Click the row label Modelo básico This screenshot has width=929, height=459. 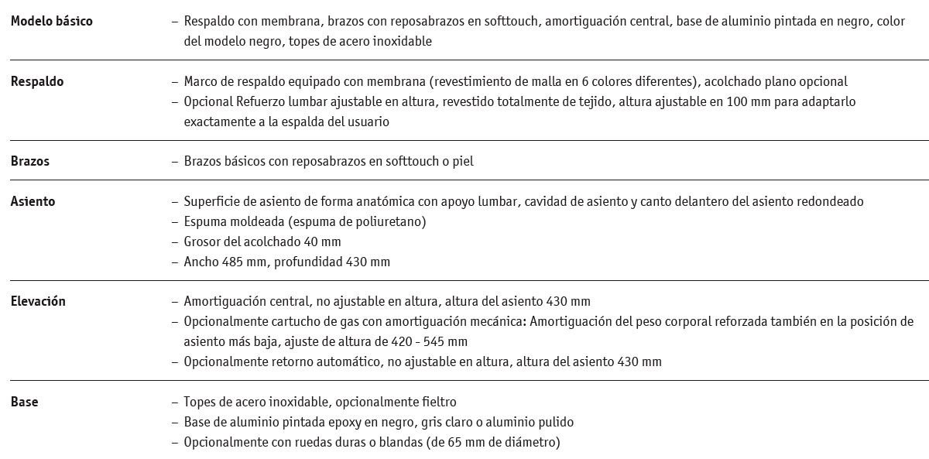(51, 21)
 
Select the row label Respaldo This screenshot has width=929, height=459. (37, 81)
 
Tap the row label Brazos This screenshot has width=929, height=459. (30, 161)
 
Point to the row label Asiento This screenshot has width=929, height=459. (33, 201)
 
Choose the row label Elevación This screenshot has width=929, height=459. (38, 301)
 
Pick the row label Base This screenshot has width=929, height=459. (24, 402)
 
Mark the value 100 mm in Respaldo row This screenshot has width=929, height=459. (749, 101)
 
